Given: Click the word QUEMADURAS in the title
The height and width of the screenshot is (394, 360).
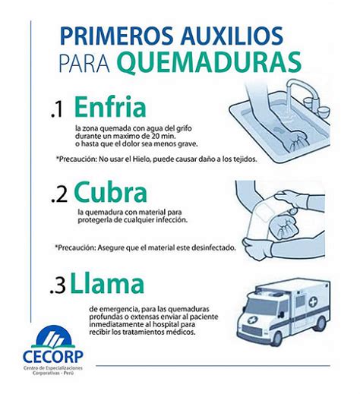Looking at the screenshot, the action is [x=210, y=62].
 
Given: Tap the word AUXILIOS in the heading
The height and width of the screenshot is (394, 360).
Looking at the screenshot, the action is [x=231, y=36].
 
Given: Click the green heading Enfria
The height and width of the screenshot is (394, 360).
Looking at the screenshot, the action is [x=110, y=106].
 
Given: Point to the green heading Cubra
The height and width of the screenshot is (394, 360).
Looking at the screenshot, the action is [x=110, y=191].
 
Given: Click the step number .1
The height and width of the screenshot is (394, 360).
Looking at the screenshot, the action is [x=57, y=110].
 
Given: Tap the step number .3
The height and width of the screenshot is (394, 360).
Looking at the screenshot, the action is [x=58, y=286].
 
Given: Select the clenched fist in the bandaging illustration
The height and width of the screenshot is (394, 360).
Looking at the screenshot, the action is [x=283, y=225].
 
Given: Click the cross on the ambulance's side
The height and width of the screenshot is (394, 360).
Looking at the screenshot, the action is [x=313, y=302].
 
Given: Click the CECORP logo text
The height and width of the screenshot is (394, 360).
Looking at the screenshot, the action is [x=53, y=357].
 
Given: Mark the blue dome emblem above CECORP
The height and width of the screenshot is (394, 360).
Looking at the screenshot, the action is [x=53, y=336].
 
